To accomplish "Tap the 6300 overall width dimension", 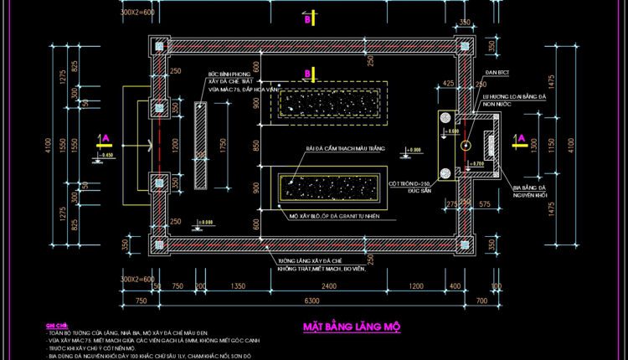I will point(312,300).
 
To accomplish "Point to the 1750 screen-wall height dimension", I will point(223,144).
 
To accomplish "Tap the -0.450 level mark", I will point(106,156).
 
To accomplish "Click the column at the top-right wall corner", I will point(462,48).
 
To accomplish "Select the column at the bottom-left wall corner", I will point(157,244).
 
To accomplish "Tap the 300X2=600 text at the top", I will point(138,14).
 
